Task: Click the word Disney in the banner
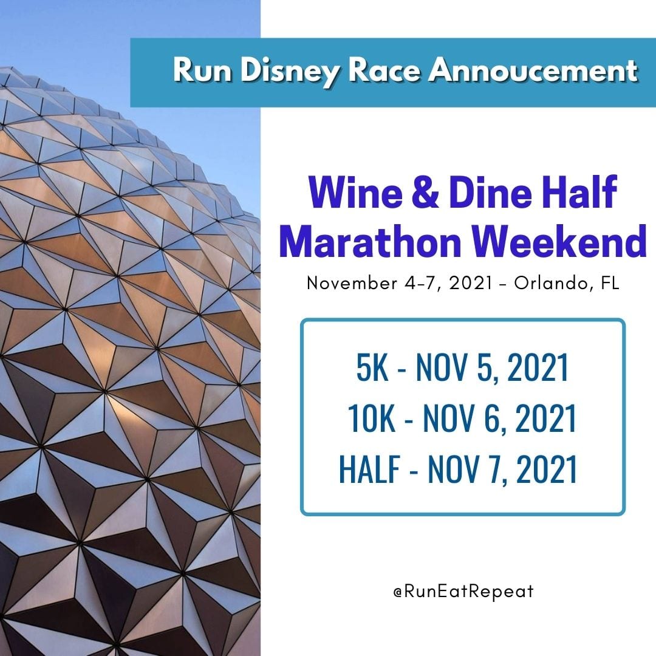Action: (x=290, y=70)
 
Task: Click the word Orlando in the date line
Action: (x=554, y=283)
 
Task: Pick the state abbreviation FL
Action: (x=610, y=283)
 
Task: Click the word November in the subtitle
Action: (x=352, y=283)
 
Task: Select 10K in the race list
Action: (x=371, y=418)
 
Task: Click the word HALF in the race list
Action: (x=369, y=469)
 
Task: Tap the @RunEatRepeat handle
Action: (x=463, y=591)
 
